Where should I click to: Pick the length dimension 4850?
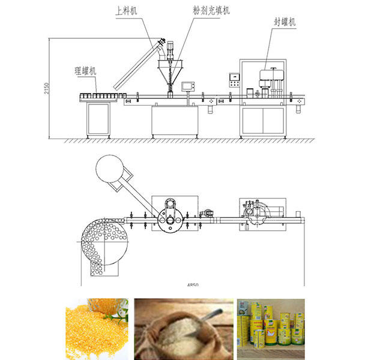click(x=192, y=286)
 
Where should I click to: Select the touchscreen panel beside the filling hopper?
click(x=190, y=85)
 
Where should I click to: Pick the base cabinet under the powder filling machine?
click(x=175, y=121)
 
